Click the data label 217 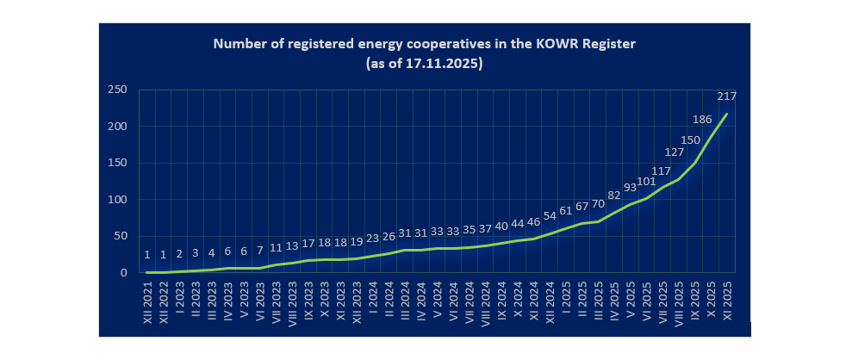[x=725, y=96]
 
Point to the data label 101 [x=646, y=182]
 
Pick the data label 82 [x=614, y=196]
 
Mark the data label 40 [x=501, y=226]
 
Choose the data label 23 [x=371, y=238]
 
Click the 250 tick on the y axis [x=118, y=90]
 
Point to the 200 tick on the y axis [x=118, y=127]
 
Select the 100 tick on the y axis [x=118, y=200]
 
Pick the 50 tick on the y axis [x=121, y=236]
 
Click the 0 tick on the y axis [x=125, y=273]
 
